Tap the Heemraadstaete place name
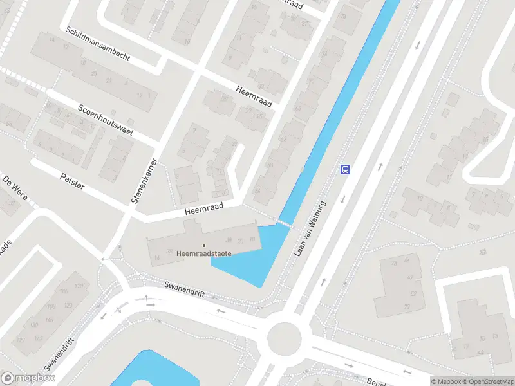(x=204, y=253)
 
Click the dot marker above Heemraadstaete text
(x=204, y=245)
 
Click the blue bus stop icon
(x=345, y=169)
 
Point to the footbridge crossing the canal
(x=283, y=223)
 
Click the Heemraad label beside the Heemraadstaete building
(x=203, y=207)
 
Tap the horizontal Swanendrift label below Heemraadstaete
(x=184, y=289)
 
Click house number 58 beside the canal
(x=270, y=165)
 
